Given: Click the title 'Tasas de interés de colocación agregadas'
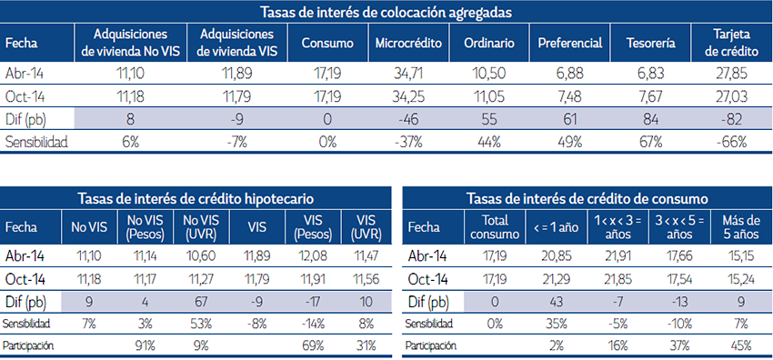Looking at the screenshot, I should point(385,13).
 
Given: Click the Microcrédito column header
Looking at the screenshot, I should point(407,44).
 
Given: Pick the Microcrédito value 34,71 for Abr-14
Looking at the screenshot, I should point(407,73).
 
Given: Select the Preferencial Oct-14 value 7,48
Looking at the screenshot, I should point(569,95).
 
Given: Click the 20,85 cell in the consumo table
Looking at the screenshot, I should point(551,257).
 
